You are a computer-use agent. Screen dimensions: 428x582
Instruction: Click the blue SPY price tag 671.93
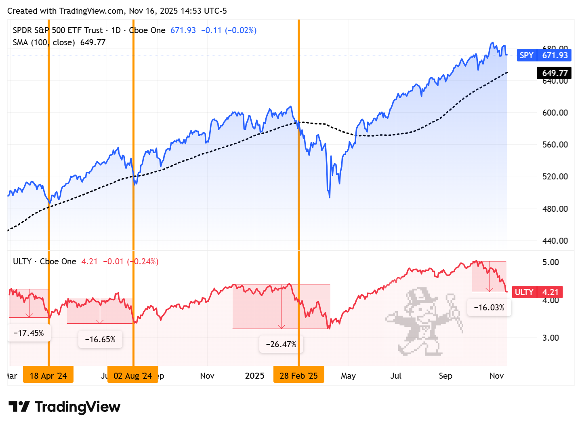(544, 55)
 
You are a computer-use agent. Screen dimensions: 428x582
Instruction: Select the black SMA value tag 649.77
(555, 73)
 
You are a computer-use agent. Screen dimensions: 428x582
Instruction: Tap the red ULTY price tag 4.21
(538, 292)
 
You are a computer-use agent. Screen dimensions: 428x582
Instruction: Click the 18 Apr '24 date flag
(48, 375)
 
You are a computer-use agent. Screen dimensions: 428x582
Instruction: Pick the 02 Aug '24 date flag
(133, 375)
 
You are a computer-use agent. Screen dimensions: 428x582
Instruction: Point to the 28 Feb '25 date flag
(299, 375)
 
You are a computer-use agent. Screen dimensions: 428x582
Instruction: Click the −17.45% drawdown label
(29, 333)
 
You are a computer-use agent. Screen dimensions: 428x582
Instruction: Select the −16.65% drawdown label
(100, 339)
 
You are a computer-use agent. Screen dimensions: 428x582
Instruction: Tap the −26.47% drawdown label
(281, 344)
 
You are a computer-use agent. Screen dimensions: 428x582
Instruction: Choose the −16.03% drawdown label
(489, 308)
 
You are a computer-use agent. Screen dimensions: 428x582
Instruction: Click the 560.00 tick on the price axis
(555, 145)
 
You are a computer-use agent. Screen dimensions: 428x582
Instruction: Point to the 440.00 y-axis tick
(555, 241)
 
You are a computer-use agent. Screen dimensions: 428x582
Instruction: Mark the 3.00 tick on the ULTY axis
(550, 338)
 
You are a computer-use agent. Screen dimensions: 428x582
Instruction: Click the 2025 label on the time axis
(254, 376)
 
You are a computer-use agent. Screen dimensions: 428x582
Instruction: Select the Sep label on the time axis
(445, 376)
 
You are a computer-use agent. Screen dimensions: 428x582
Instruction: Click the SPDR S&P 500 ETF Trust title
(58, 30)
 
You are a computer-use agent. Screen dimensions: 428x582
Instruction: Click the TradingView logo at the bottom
(65, 407)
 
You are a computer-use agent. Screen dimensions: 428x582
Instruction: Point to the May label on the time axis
(348, 376)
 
